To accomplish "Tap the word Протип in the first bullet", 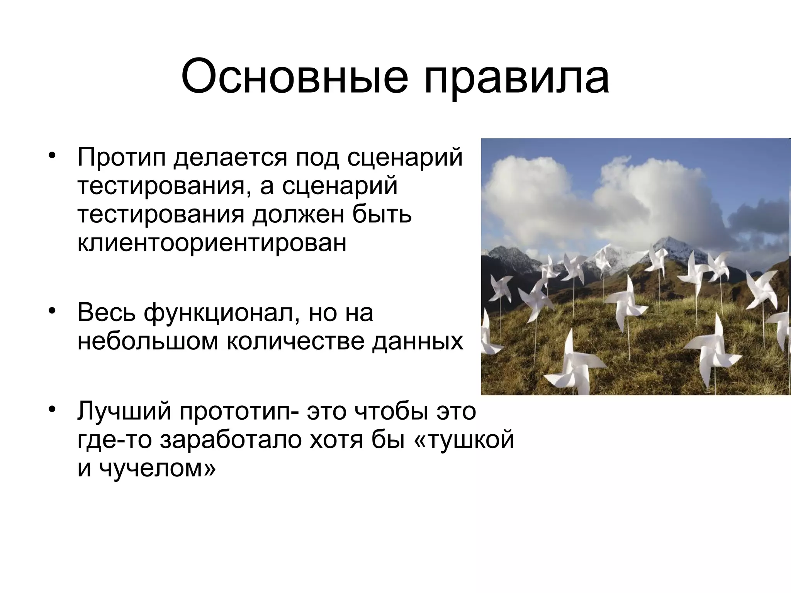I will [x=121, y=158].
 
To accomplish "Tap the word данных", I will [x=418, y=341].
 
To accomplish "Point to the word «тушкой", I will [x=464, y=440].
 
